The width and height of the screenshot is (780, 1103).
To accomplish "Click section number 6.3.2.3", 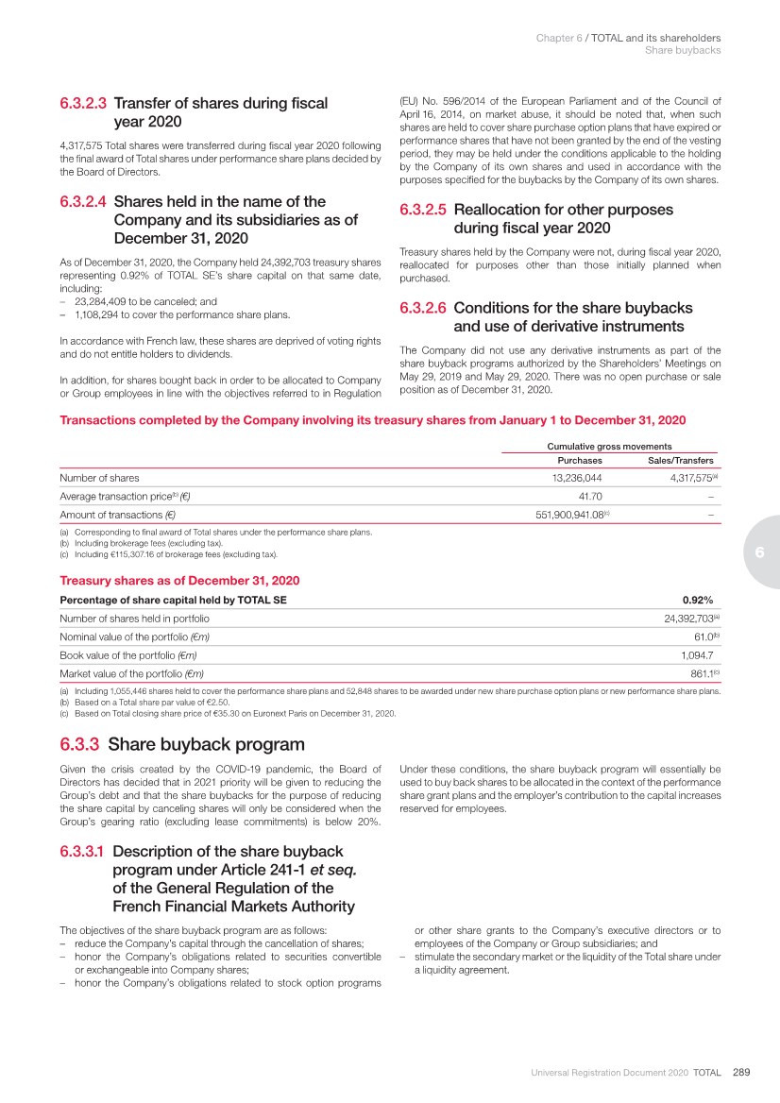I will click(83, 104).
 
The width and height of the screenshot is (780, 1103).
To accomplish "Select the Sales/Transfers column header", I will click(681, 461).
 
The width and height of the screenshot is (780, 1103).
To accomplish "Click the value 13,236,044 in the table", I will click(570, 478).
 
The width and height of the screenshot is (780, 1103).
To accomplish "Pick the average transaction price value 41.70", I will click(590, 496).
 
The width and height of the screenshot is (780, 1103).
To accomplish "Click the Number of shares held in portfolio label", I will click(134, 619).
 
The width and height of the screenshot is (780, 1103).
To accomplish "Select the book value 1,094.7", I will click(696, 654).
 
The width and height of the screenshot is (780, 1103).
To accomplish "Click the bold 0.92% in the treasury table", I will click(697, 600).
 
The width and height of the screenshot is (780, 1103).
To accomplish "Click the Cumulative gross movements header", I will click(609, 446).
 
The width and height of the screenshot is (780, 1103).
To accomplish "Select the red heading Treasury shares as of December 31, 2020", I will click(179, 580).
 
